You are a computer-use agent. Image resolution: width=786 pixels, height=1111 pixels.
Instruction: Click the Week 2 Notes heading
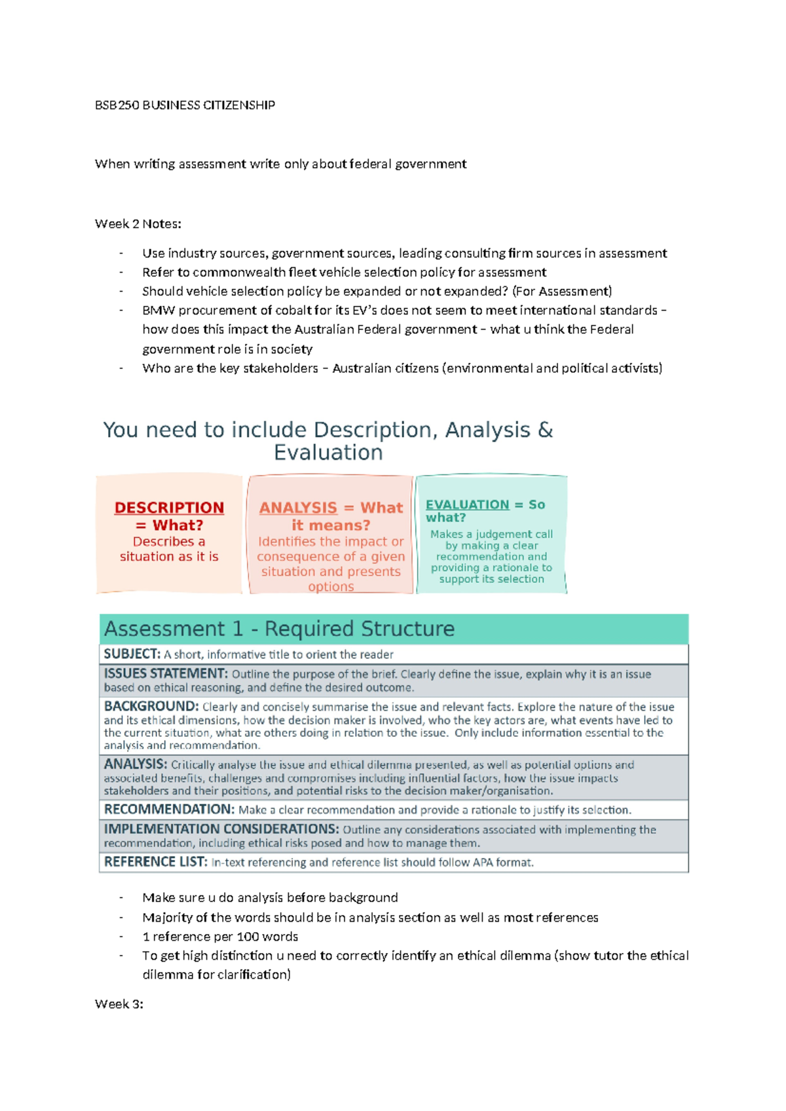[138, 224]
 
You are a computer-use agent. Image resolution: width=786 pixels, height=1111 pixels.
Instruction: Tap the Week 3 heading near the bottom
[119, 1004]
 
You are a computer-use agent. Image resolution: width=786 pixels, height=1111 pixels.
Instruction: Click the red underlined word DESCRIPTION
[169, 508]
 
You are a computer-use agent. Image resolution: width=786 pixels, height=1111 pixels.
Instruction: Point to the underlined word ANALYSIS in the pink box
[298, 508]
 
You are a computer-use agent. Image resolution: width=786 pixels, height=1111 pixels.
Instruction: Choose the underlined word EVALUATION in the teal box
[467, 504]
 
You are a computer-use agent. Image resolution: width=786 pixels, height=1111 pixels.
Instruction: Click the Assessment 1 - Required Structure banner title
[279, 629]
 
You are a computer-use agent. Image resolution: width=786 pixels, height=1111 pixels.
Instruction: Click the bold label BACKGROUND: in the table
[151, 706]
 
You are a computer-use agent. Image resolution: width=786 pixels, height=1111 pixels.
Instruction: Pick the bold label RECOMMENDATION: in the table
[169, 809]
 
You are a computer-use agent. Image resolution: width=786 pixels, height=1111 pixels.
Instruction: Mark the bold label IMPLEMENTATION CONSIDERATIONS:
[221, 829]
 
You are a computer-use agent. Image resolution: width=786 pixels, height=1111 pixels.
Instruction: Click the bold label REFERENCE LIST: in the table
[155, 861]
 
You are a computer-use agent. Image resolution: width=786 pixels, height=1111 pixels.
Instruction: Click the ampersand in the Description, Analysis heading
[545, 430]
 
